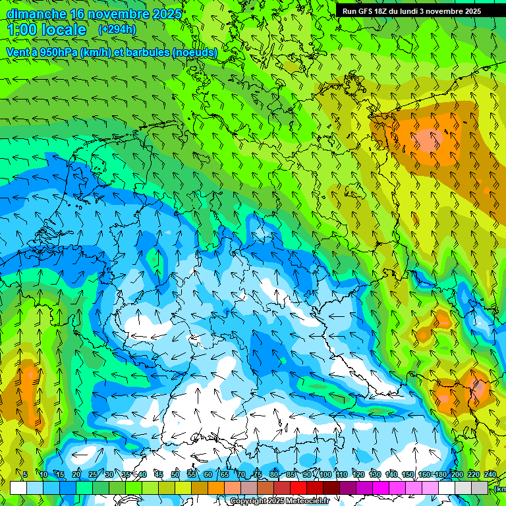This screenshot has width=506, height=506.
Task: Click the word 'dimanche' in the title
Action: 36,14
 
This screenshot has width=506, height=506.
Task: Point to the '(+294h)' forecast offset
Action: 117,30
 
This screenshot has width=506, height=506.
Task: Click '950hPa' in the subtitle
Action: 57,52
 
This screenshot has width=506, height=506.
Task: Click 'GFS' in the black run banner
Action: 370,11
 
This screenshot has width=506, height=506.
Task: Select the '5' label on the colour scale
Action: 25,474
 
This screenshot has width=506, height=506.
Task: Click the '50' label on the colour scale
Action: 175,474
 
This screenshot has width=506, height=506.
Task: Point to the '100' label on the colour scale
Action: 325,474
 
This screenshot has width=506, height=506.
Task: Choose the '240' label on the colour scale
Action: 490,474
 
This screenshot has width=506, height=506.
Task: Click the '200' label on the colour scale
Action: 457,474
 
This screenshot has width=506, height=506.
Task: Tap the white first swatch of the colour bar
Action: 18,488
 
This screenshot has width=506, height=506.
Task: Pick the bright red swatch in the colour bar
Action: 298,488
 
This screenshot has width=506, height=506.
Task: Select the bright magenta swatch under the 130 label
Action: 381,488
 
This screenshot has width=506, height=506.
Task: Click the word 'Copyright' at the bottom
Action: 248,501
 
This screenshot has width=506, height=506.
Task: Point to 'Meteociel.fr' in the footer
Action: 307,501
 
